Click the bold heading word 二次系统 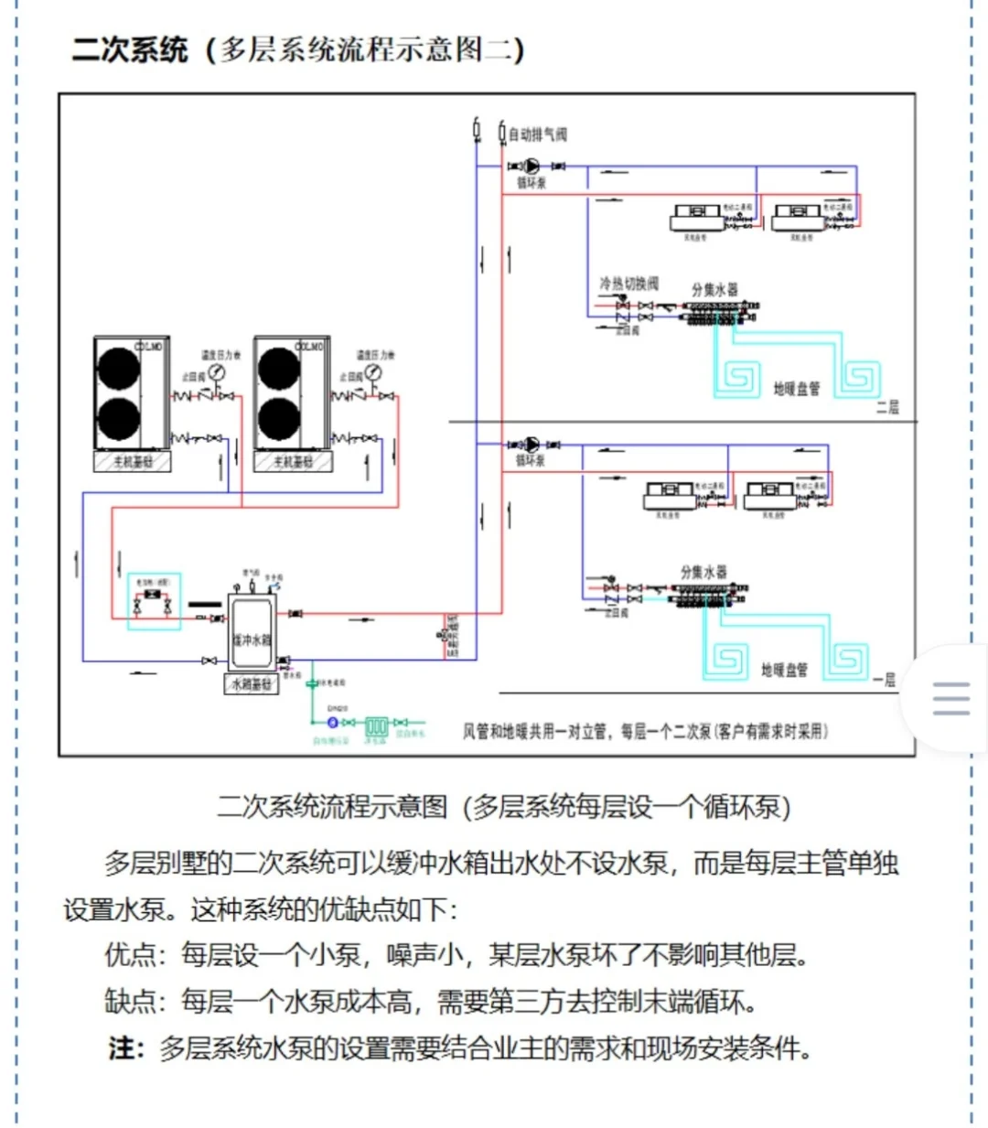pyautogui.click(x=130, y=49)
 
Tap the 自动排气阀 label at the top pyautogui.click(x=537, y=134)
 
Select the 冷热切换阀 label pyautogui.click(x=628, y=284)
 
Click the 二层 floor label pyautogui.click(x=887, y=407)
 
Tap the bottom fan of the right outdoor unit pyautogui.click(x=279, y=419)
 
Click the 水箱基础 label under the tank pyautogui.click(x=252, y=684)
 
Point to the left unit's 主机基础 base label pyautogui.click(x=132, y=462)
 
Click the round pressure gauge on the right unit pyautogui.click(x=373, y=372)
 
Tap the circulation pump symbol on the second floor pyautogui.click(x=531, y=167)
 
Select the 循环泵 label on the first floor pyautogui.click(x=531, y=460)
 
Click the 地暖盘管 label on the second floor pyautogui.click(x=796, y=389)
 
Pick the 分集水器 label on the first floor pyautogui.click(x=703, y=572)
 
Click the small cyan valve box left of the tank pyautogui.click(x=154, y=601)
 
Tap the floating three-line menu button pyautogui.click(x=950, y=698)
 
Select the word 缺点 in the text pyautogui.click(x=129, y=1002)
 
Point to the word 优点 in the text pyautogui.click(x=129, y=955)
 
